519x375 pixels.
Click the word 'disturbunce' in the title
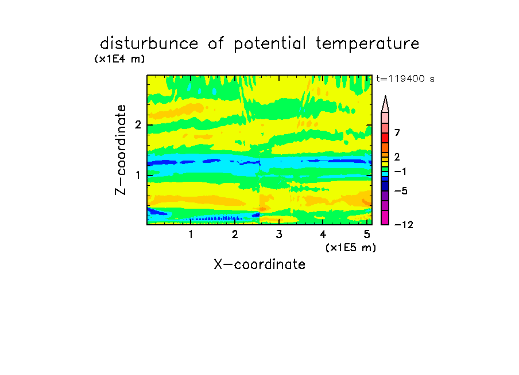(x=149, y=44)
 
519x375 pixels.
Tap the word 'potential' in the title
(x=270, y=44)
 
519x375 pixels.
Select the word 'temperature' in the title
(x=367, y=44)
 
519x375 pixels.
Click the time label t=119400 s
(x=405, y=79)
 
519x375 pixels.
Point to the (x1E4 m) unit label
(x=119, y=59)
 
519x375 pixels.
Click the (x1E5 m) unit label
(x=351, y=247)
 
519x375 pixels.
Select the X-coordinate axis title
(x=259, y=264)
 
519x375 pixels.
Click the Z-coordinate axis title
(x=121, y=150)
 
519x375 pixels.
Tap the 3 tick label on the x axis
(x=279, y=234)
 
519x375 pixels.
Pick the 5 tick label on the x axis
(x=367, y=234)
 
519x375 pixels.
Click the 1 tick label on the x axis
(x=191, y=234)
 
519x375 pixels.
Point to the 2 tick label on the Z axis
(x=138, y=124)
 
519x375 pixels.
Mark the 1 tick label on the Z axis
(x=138, y=175)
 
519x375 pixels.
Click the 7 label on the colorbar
(x=397, y=132)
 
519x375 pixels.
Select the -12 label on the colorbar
(x=404, y=225)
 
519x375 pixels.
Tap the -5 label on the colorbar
(x=401, y=191)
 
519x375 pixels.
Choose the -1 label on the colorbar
(x=400, y=171)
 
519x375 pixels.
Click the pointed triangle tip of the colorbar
(x=385, y=96)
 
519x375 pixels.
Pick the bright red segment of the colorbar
(x=385, y=138)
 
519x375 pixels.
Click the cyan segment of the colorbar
(x=385, y=174)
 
